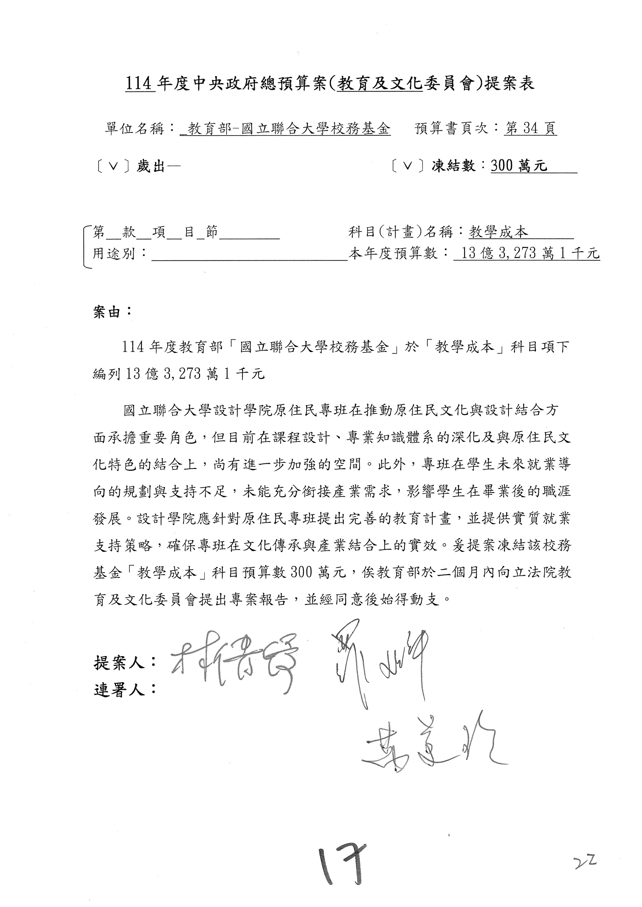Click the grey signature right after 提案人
tap(233, 664)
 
